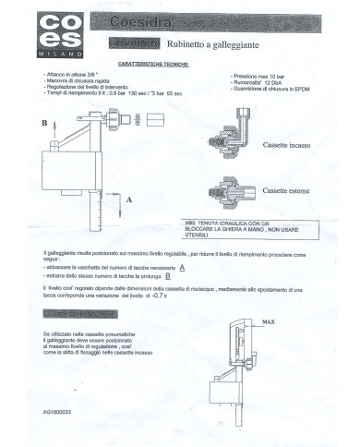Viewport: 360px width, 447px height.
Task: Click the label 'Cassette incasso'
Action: tap(290, 146)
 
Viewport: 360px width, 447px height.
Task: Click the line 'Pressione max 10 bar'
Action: tap(262, 72)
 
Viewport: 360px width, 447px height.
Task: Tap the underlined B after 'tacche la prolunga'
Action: tap(169, 275)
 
